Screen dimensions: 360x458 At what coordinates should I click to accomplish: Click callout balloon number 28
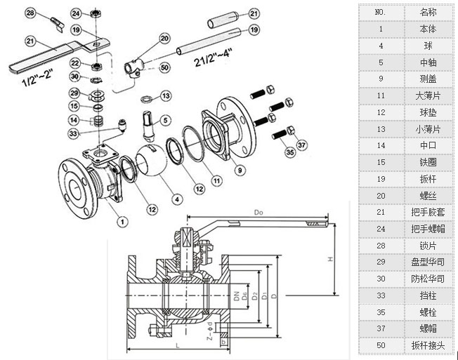[30, 13]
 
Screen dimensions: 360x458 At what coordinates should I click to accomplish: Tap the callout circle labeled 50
[164, 67]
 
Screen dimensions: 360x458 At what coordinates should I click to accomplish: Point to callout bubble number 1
[122, 222]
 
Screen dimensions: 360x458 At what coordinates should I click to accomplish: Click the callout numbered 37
[303, 145]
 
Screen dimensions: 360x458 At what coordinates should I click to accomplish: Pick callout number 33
[74, 133]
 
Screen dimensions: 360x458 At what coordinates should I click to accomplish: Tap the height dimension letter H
[329, 260]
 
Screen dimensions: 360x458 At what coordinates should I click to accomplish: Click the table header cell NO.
[381, 13]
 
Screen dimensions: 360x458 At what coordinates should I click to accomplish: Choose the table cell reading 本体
[428, 29]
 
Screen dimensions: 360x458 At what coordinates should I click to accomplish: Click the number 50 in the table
[381, 345]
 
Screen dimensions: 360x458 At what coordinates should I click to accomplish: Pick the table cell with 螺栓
[428, 312]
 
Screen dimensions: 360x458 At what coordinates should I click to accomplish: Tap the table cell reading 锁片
[428, 245]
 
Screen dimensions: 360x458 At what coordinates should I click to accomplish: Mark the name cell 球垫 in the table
[428, 112]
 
